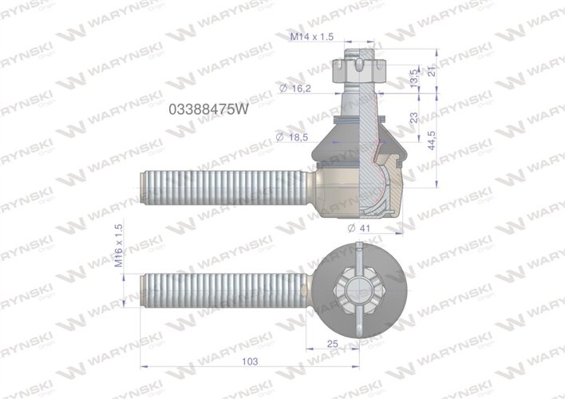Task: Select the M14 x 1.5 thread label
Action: pyautogui.click(x=311, y=37)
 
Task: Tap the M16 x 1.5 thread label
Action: pyautogui.click(x=120, y=246)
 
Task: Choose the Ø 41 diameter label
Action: pyautogui.click(x=362, y=229)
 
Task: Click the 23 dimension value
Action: pyautogui.click(x=414, y=117)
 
